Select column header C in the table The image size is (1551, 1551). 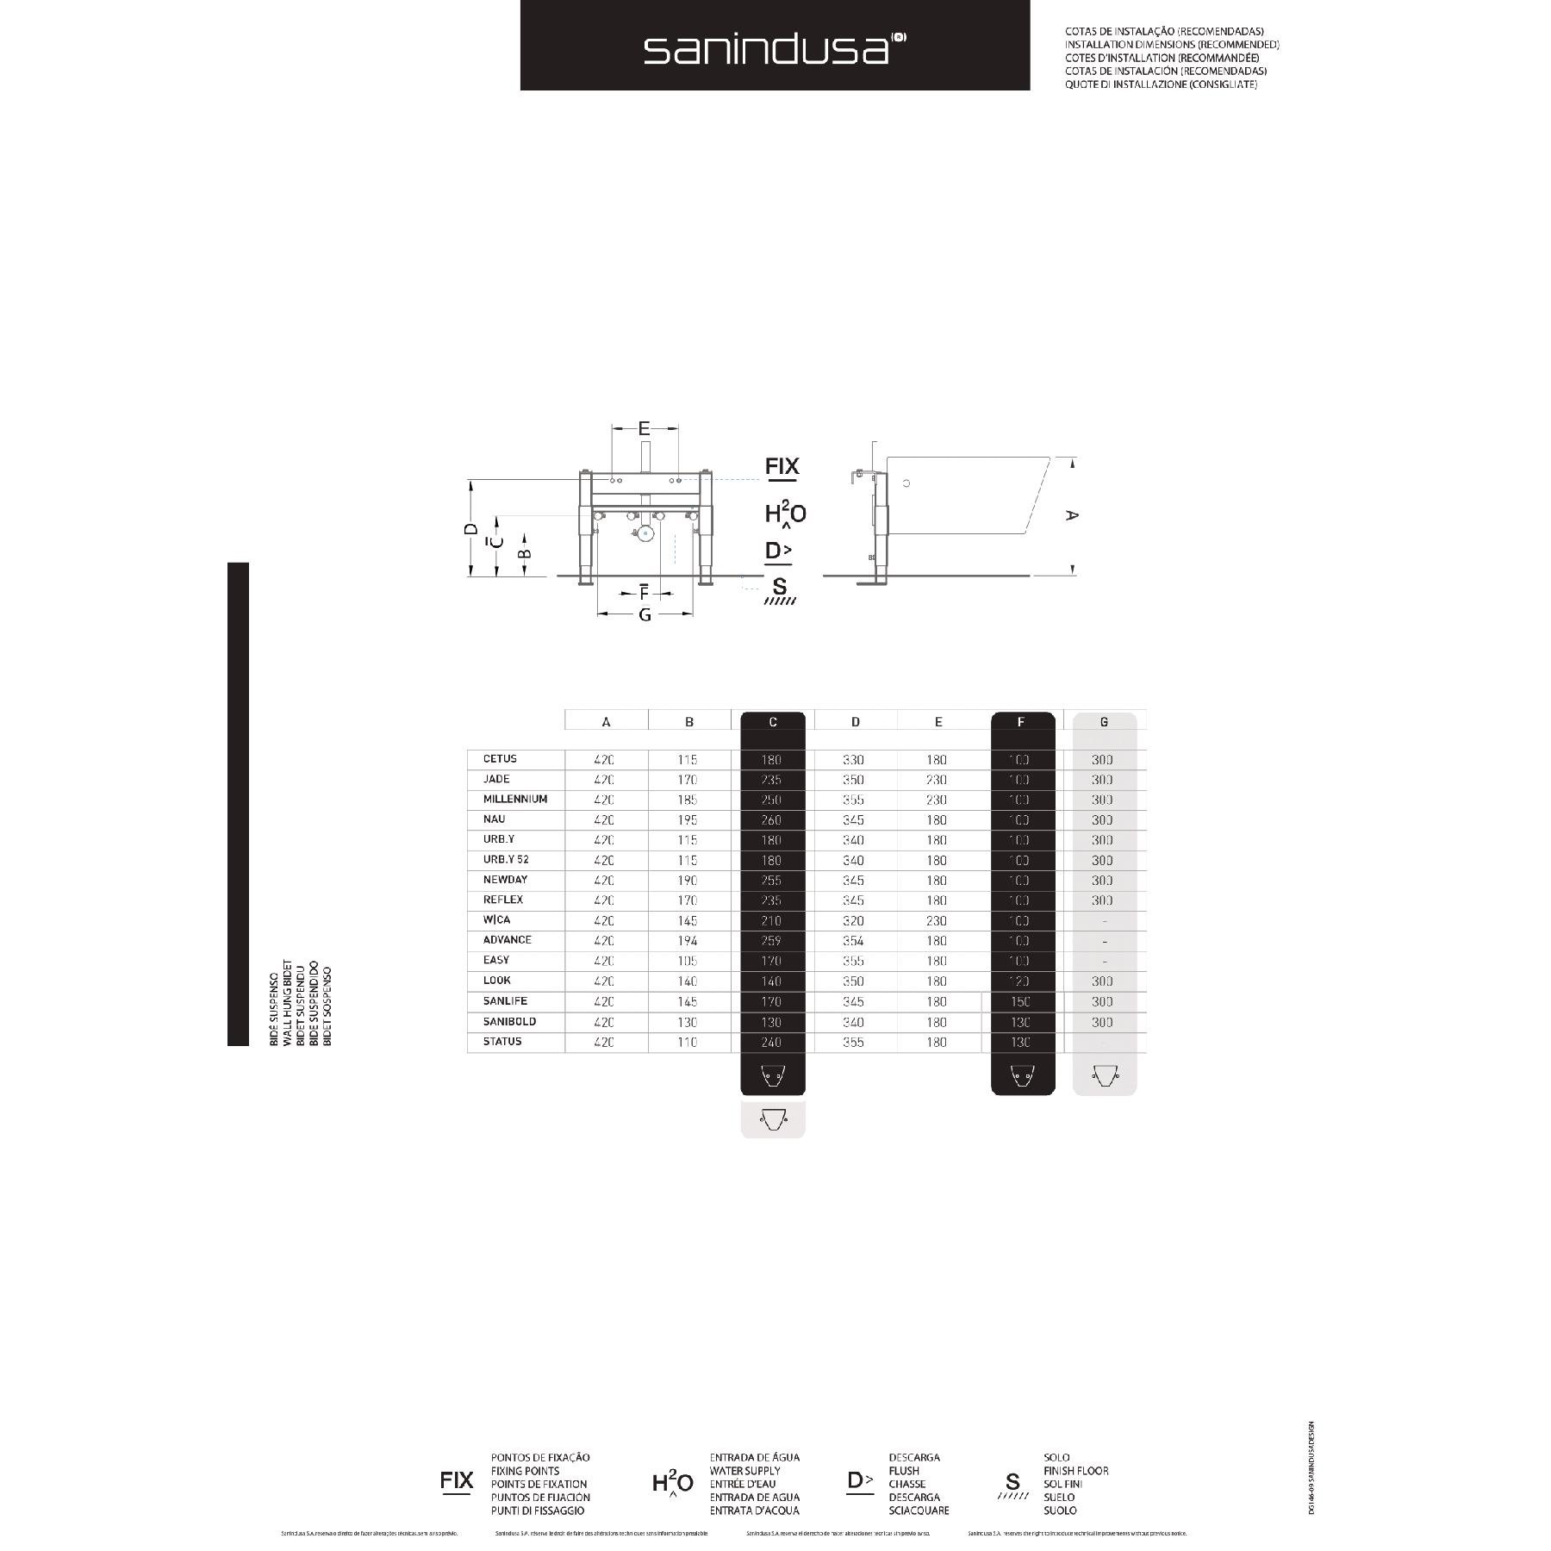pos(772,722)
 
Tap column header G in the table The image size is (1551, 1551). pos(1104,722)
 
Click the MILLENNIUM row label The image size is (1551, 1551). pos(515,799)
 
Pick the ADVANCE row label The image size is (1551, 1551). pos(507,939)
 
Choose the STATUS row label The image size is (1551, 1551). pos(502,1041)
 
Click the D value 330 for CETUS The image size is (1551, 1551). pos(853,760)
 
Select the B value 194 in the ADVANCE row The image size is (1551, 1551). pos(687,941)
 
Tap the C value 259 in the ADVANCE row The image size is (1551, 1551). pos(771,941)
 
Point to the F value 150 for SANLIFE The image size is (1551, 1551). pos(1019,1001)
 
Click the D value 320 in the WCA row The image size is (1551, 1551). pos(853,921)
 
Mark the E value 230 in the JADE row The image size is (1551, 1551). pos(936,780)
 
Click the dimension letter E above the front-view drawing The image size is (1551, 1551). pos(644,428)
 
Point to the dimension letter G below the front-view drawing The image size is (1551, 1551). pos(645,615)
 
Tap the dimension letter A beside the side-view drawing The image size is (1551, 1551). pos(1071,515)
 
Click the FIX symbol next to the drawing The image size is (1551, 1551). pos(782,467)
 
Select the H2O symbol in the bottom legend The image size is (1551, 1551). pos(672,1483)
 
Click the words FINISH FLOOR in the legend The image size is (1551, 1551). pos(1075,1471)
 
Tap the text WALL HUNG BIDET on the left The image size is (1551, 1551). pos(288,1003)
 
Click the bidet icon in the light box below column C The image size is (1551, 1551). pos(772,1119)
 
